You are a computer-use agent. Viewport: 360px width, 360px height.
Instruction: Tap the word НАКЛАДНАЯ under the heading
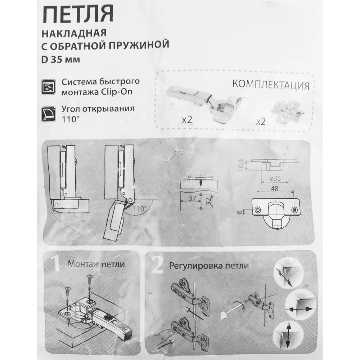(x=74, y=33)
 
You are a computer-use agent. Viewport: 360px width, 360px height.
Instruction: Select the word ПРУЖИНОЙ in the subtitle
(x=139, y=45)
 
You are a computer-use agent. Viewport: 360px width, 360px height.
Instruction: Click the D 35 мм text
(x=60, y=60)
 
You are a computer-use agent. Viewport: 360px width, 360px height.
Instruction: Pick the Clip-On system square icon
(x=48, y=87)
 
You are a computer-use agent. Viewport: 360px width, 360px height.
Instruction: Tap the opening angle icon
(x=48, y=114)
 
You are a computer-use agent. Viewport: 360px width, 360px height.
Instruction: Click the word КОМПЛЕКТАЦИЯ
(x=271, y=85)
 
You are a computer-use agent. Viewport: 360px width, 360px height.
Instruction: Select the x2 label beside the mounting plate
(x=261, y=121)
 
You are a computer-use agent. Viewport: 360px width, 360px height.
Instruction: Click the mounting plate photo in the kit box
(x=288, y=111)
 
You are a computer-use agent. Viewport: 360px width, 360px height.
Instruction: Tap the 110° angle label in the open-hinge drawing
(x=140, y=209)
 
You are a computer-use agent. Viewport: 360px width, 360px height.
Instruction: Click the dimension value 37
(x=192, y=198)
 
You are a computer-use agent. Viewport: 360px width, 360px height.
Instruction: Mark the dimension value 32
(x=208, y=201)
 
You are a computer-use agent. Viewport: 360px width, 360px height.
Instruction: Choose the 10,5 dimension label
(x=240, y=165)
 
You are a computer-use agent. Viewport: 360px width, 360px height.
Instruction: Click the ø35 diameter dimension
(x=275, y=179)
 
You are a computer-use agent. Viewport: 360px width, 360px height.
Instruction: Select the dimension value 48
(x=275, y=189)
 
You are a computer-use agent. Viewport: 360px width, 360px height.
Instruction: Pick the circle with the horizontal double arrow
(x=301, y=304)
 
